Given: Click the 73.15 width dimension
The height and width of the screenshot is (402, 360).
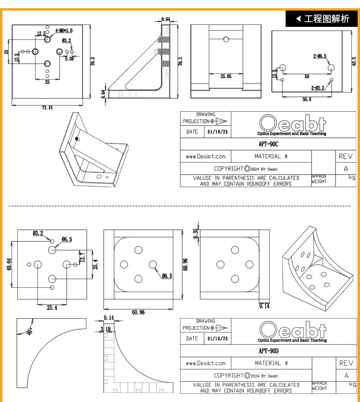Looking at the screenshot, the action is pyautogui.click(x=47, y=107).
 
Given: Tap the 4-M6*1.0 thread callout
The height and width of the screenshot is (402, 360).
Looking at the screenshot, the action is pyautogui.click(x=64, y=31).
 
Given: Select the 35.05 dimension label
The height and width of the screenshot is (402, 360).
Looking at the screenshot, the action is pyautogui.click(x=226, y=76).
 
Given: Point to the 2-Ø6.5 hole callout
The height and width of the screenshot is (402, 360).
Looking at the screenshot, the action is pyautogui.click(x=320, y=56).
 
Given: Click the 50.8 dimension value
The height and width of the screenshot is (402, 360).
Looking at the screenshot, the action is pyautogui.click(x=307, y=99).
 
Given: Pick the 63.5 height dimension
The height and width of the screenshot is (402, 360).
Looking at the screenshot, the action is pyautogui.click(x=354, y=61).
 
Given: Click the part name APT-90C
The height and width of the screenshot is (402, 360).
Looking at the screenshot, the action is pyautogui.click(x=268, y=144).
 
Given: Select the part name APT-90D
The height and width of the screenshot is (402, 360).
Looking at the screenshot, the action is pyautogui.click(x=268, y=351).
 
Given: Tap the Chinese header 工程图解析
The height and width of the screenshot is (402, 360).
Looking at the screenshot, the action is pyautogui.click(x=326, y=19).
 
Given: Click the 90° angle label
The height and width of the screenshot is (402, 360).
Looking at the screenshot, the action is pyautogui.click(x=30, y=331).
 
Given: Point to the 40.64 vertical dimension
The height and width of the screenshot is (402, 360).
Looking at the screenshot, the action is pyautogui.click(x=9, y=264).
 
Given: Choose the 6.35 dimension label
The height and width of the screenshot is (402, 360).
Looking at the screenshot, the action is pyautogui.click(x=195, y=233).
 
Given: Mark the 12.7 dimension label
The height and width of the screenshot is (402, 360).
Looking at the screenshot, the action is pyautogui.click(x=82, y=257).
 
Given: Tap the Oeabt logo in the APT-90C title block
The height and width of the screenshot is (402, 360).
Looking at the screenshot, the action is pyautogui.click(x=292, y=125).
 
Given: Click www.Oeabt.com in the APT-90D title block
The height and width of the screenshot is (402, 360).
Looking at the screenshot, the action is pyautogui.click(x=205, y=363).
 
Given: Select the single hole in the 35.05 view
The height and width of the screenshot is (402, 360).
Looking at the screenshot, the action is pyautogui.click(x=226, y=39).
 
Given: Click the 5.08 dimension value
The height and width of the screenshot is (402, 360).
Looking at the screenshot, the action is pyautogui.click(x=69, y=59).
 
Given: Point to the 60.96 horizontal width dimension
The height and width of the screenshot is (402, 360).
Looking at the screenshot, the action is pyautogui.click(x=138, y=312).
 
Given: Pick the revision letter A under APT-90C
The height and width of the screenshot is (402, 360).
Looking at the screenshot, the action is pyautogui.click(x=346, y=168).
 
